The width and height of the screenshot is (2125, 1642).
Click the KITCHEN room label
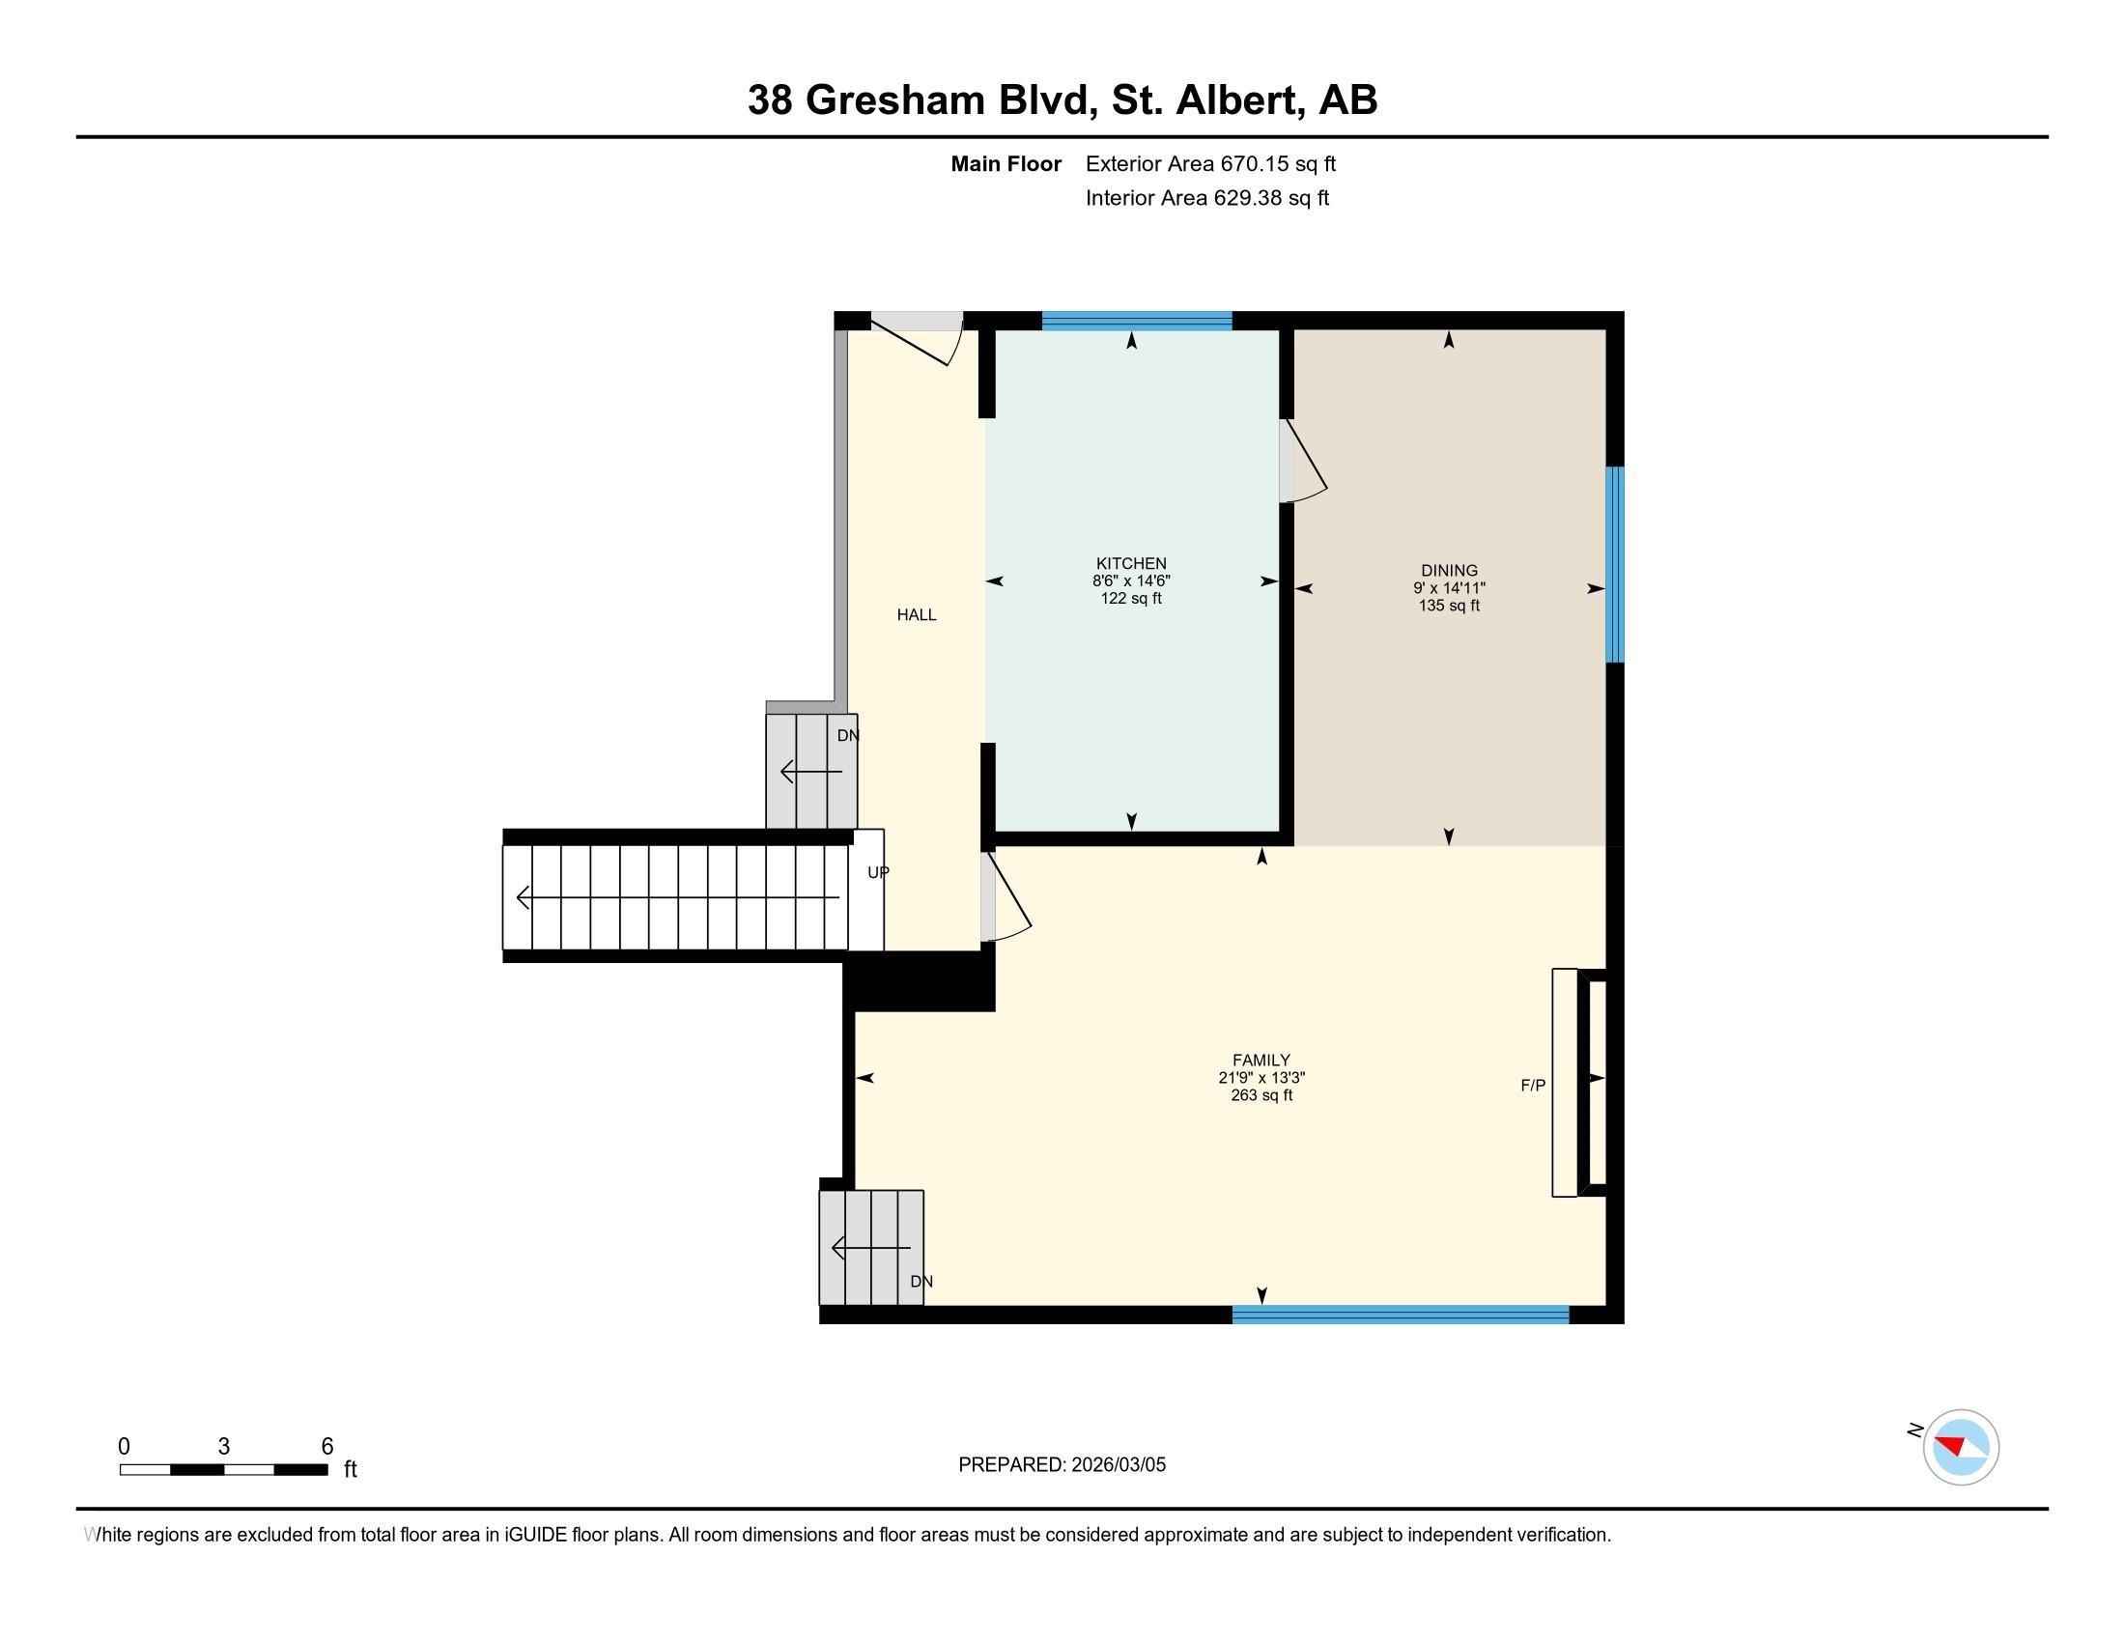coord(1131,563)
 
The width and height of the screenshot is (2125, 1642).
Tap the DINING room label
coord(1449,571)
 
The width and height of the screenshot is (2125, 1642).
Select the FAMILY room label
coord(1261,1061)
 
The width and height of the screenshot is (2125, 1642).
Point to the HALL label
coord(916,614)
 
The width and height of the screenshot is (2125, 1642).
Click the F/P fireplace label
coord(1533,1086)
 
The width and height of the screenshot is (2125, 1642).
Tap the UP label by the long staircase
coord(878,872)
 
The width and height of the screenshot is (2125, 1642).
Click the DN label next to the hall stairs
coord(848,735)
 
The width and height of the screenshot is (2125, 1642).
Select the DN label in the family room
coord(921,1282)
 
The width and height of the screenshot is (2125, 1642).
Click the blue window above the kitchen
coord(1137,321)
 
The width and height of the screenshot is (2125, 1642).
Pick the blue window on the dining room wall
coord(1614,564)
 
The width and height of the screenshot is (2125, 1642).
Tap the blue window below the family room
coord(1401,1316)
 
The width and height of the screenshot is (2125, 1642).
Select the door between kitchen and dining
coord(1303,461)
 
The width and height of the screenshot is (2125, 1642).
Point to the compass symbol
coord(1961,1447)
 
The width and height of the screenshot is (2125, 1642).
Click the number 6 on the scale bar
coord(326,1446)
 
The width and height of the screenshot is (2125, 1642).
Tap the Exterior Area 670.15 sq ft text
coord(1209,164)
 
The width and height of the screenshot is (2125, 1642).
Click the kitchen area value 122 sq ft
coord(1131,598)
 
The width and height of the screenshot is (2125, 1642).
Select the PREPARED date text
coord(1062,1465)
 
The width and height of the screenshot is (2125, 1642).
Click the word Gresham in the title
coord(895,100)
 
